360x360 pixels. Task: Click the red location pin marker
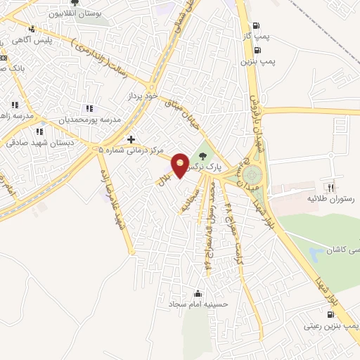180,165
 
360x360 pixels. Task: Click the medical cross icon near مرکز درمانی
131,139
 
